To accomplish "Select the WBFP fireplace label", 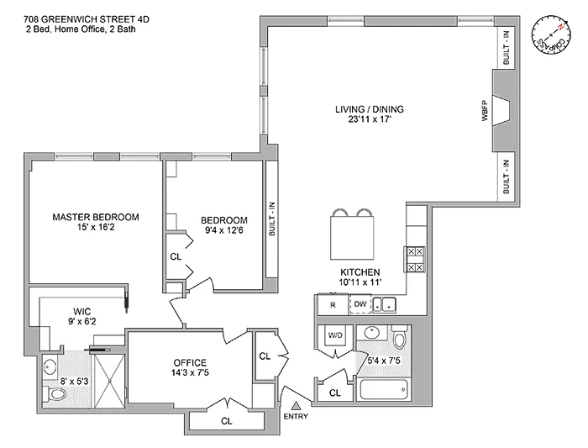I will pyautogui.click(x=485, y=113).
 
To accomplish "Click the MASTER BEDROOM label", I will pyautogui.click(x=96, y=216).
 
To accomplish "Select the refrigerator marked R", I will pyautogui.click(x=333, y=305).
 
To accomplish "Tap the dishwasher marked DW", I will pyautogui.click(x=360, y=305).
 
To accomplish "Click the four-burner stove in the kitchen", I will pyautogui.click(x=414, y=259).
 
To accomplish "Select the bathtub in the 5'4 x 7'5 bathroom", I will pyautogui.click(x=383, y=392).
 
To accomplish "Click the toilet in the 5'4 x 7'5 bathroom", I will pyautogui.click(x=400, y=340).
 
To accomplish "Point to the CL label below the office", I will pyautogui.click(x=225, y=421).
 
